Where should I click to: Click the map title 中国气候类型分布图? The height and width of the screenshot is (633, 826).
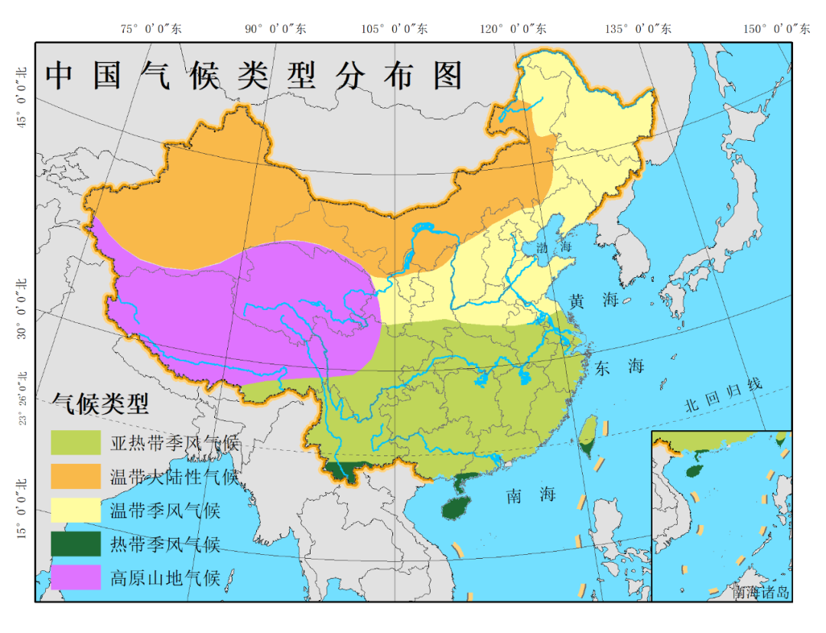click(x=255, y=76)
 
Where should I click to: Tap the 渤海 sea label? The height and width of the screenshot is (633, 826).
click(x=554, y=247)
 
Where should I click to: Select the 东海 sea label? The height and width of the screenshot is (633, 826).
click(x=619, y=367)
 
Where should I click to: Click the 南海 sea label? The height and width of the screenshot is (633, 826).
click(x=530, y=495)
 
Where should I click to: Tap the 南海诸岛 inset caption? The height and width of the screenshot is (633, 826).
click(x=759, y=592)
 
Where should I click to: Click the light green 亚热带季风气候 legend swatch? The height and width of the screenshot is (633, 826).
click(x=76, y=442)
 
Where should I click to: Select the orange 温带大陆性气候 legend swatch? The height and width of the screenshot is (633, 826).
click(x=76, y=476)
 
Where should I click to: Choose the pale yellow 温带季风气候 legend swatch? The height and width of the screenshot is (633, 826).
click(x=76, y=510)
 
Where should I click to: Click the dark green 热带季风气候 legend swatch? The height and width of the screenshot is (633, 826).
click(x=76, y=543)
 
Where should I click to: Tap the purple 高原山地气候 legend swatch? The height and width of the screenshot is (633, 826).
click(x=76, y=577)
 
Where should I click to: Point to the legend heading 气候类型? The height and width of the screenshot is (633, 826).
click(x=99, y=403)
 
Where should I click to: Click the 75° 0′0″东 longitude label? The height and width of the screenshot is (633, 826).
click(x=151, y=28)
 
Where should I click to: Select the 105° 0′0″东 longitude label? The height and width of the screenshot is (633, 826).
click(x=394, y=28)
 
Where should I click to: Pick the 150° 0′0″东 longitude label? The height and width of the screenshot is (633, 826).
click(x=776, y=28)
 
